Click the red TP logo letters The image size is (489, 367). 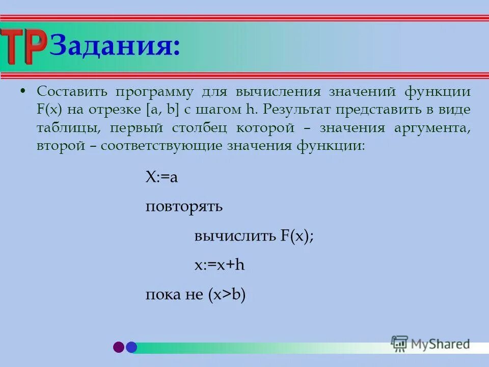click(24, 46)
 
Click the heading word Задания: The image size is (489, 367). click(115, 47)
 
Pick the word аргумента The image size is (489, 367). click(432, 128)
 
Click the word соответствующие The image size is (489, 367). click(162, 146)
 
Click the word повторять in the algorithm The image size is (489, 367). click(184, 207)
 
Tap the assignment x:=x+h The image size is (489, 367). click(220, 266)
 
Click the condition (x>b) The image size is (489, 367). click(227, 295)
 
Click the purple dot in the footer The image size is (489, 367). click(119, 347)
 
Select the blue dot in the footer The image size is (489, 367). click(131, 347)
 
